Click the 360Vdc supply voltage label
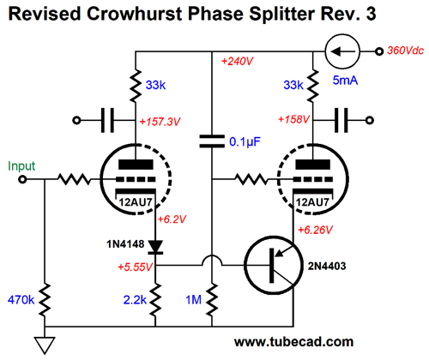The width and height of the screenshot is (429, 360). coord(405,51)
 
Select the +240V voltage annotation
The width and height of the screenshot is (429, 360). coord(238,61)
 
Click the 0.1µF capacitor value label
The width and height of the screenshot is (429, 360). coord(245,142)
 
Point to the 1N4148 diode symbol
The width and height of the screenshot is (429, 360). coord(155,247)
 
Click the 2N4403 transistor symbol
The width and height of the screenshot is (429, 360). coord(273,266)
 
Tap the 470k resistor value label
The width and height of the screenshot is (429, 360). coord(21,300)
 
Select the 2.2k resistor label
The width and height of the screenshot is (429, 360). coord(135,300)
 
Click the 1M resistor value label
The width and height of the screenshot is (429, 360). coord(194,300)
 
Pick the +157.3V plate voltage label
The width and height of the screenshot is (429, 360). coord(160,122)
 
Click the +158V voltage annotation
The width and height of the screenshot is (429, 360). coord(294,119)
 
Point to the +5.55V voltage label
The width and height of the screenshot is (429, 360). coord(136,267)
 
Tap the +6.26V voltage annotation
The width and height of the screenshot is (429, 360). coord(315,230)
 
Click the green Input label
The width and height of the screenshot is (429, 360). coord(21,166)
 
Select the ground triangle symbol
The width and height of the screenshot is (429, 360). coord(45,345)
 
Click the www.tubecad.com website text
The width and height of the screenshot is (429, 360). coord(293,342)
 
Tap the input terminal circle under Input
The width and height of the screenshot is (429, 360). coord(22,179)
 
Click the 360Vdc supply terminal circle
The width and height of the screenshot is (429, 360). coord(379,51)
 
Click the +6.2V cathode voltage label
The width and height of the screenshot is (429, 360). coord(172,219)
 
